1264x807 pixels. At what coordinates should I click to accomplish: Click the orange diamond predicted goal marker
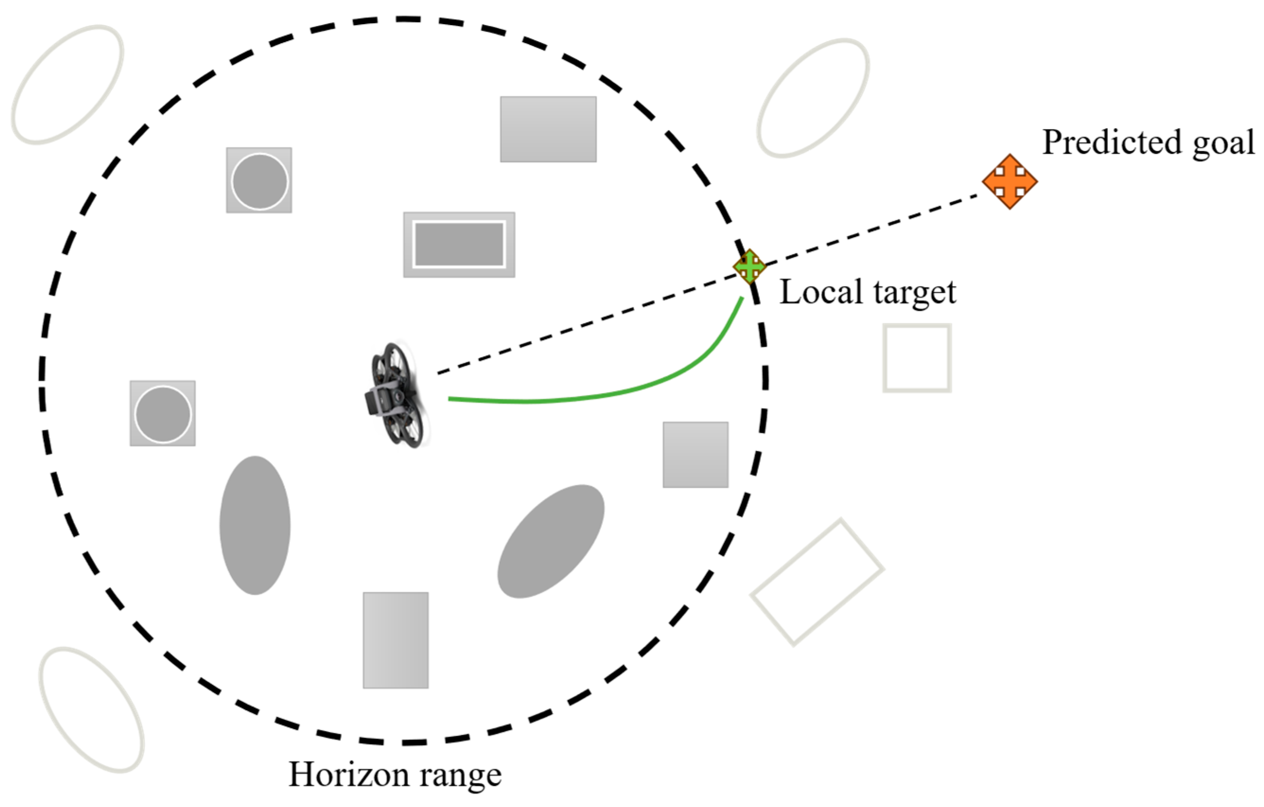[1010, 182]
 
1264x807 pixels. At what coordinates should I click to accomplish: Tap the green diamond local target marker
[750, 267]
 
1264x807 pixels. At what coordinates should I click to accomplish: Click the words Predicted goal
[1148, 143]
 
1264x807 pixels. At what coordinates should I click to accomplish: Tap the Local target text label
[868, 292]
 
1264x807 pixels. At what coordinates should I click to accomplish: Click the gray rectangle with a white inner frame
[459, 245]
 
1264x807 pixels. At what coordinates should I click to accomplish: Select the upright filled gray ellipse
[255, 525]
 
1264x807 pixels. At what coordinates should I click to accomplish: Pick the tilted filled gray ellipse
[550, 541]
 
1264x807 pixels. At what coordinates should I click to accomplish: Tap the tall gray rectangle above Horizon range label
[395, 640]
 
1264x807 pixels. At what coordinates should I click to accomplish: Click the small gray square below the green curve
[695, 455]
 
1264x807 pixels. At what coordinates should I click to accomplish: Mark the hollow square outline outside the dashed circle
[916, 358]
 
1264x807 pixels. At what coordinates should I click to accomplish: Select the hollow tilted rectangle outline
[817, 582]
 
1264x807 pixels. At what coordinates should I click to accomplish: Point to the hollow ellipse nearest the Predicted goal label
[812, 98]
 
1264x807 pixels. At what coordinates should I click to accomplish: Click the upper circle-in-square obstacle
[259, 180]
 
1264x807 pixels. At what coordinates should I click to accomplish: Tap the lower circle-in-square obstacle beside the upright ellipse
[163, 414]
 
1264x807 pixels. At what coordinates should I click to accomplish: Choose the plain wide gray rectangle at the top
[548, 129]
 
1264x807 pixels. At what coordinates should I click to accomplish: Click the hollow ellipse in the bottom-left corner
[91, 710]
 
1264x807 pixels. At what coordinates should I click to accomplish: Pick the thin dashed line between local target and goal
[872, 229]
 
